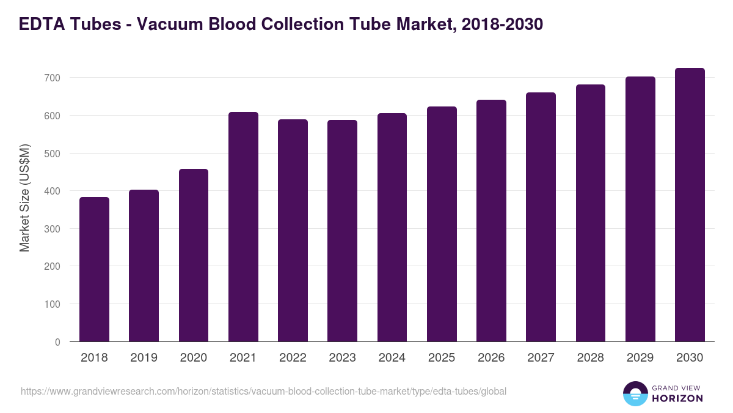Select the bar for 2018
point(94,269)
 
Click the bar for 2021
point(243,227)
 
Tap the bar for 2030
point(690,205)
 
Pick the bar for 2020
point(194,255)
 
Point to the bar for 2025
point(442,224)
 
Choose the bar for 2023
point(342,231)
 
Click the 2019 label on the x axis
point(144,358)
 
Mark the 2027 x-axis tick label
point(541,358)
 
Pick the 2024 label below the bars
point(392,358)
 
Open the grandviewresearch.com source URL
point(263,391)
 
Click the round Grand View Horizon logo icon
point(635,393)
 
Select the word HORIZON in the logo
point(678,398)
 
